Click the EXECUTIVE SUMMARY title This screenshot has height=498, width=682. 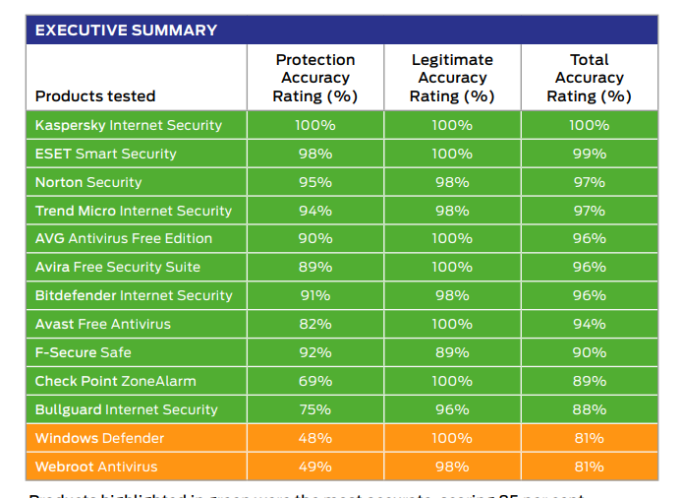click(126, 30)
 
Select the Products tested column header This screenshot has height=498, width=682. click(95, 96)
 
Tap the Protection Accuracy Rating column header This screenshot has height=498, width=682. click(314, 78)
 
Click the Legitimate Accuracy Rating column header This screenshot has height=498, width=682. click(451, 78)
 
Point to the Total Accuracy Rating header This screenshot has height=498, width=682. click(589, 78)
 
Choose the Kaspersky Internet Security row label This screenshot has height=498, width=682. click(129, 125)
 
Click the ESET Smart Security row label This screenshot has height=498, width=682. click(106, 154)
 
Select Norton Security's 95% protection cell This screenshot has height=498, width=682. click(314, 182)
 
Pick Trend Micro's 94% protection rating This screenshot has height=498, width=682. click(314, 211)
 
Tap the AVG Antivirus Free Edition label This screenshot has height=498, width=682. click(124, 238)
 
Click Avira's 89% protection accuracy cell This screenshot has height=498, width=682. click(314, 267)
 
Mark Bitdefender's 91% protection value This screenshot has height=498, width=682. click(314, 295)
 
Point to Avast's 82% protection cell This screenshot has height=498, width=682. click(314, 324)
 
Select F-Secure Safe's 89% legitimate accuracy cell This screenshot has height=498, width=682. click(452, 352)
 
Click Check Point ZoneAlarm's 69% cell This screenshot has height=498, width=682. click(314, 381)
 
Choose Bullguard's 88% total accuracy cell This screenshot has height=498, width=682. click(589, 409)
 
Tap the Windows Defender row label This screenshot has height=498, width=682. click(99, 438)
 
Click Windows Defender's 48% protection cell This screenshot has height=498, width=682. click(314, 438)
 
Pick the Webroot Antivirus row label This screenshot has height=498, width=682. click(96, 467)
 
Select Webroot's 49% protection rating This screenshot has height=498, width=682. click(314, 467)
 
